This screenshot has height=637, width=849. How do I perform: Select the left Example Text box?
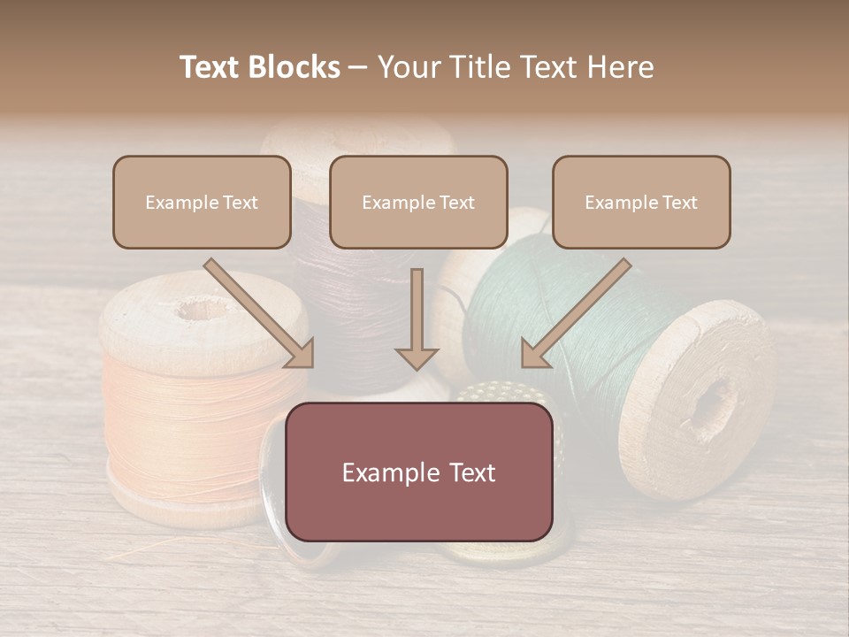point(202,203)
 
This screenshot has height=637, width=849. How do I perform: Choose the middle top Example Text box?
point(418,203)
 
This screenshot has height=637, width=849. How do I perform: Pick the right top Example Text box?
point(641,203)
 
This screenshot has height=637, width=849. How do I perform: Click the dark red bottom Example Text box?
point(418,472)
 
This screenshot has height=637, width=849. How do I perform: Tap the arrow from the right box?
point(575,314)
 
